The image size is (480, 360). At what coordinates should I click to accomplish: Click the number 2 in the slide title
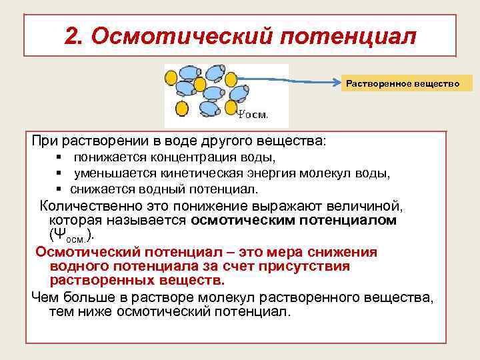click(x=73, y=35)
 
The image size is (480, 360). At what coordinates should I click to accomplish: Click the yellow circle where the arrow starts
click(x=231, y=79)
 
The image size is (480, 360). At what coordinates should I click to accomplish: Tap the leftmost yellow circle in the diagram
click(x=171, y=79)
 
